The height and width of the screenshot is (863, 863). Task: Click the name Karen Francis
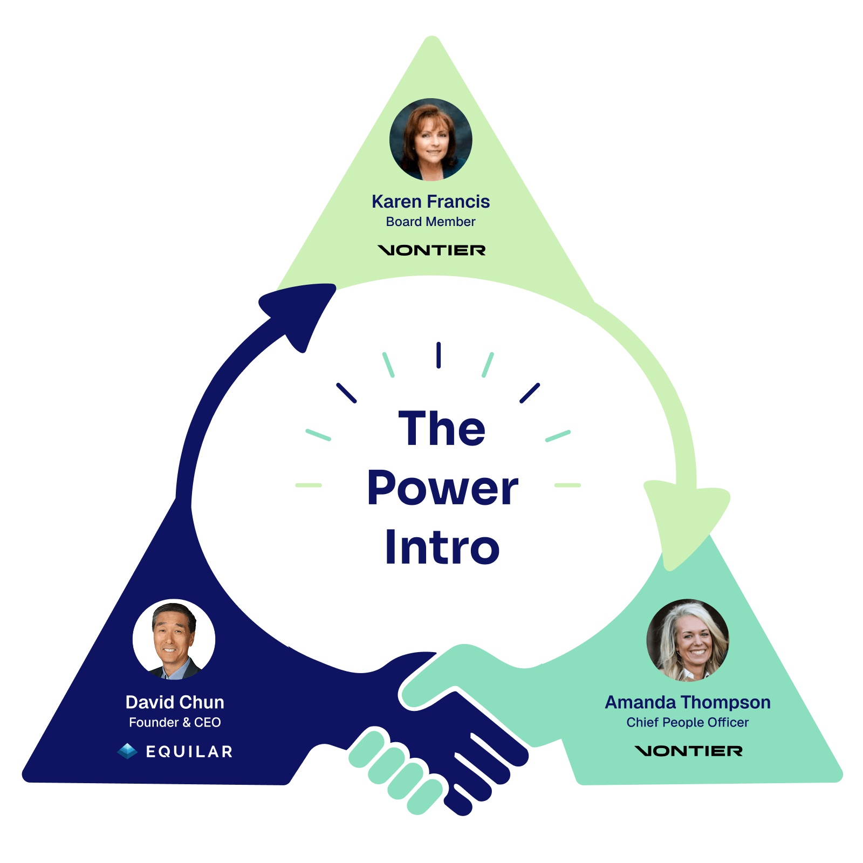[430, 202]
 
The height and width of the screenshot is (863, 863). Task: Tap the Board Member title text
[430, 222]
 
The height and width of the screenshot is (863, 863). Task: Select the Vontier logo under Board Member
[432, 250]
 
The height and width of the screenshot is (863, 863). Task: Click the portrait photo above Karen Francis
[430, 139]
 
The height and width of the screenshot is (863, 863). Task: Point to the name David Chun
[175, 702]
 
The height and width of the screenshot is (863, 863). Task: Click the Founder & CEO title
[175, 722]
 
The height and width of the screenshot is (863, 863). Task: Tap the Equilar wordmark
[189, 751]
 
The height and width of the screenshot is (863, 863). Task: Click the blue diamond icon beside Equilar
[127, 751]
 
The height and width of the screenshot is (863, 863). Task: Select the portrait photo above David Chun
[174, 640]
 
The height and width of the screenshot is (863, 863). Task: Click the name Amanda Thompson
[688, 702]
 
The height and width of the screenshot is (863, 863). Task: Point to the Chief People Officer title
[688, 722]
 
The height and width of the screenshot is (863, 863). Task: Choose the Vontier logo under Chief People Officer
[688, 751]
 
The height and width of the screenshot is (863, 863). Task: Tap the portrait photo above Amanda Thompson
[688, 640]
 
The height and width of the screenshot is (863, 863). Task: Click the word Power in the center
[442, 489]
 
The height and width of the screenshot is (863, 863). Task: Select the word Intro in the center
[442, 547]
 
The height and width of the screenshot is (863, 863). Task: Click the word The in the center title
[442, 429]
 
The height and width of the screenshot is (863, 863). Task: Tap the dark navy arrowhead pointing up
[302, 310]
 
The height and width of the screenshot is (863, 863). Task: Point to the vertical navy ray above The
[439, 355]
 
